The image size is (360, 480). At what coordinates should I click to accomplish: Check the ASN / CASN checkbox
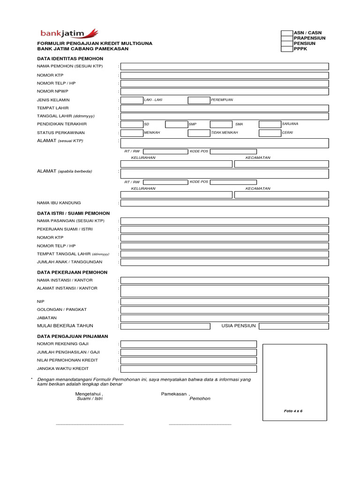click(x=287, y=33)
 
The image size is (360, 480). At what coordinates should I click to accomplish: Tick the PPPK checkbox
click(x=287, y=49)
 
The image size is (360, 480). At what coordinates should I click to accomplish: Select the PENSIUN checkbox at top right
click(x=287, y=44)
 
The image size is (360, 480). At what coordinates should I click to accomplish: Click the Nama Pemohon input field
click(x=225, y=67)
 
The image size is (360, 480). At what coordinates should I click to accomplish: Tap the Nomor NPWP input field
click(x=225, y=91)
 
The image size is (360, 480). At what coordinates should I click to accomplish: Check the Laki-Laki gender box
click(x=132, y=100)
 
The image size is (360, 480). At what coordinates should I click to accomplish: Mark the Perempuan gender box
click(x=199, y=100)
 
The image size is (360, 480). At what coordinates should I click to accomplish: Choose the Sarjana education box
click(x=270, y=124)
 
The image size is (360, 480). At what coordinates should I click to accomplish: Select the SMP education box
click(x=176, y=124)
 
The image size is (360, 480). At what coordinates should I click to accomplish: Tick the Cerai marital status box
click(x=270, y=133)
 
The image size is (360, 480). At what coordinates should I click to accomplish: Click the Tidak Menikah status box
click(x=199, y=133)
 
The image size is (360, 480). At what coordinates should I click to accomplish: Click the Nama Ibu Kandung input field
click(x=225, y=203)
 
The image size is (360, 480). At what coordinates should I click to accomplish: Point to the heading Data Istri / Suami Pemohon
click(x=73, y=213)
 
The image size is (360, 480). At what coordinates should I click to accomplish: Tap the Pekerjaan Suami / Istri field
click(x=225, y=229)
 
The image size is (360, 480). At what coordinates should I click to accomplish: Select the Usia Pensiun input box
click(x=293, y=326)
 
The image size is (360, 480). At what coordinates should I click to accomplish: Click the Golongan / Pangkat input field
click(x=225, y=310)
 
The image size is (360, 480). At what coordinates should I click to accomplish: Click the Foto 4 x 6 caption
click(x=293, y=411)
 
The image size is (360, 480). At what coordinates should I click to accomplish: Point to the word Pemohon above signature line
click(x=200, y=398)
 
